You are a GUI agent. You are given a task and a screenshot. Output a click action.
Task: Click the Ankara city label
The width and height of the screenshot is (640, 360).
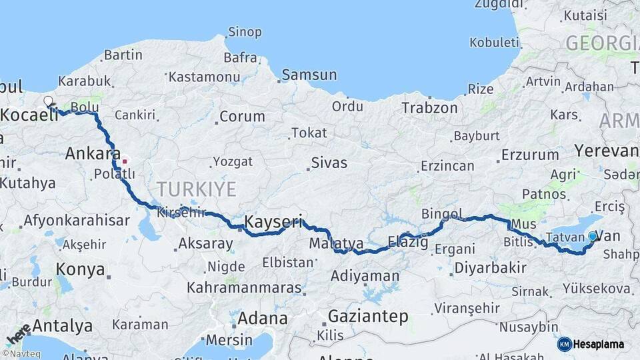point(93,154)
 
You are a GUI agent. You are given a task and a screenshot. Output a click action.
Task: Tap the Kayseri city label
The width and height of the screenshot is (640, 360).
point(274,221)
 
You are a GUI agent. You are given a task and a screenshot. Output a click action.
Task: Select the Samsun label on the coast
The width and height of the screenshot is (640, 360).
point(309,75)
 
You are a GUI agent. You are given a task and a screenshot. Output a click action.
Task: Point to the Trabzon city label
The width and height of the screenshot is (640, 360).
point(429,107)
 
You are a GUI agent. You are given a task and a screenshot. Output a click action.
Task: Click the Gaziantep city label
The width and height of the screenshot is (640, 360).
point(368,317)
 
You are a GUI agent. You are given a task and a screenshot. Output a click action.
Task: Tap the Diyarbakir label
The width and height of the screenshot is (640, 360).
point(490,268)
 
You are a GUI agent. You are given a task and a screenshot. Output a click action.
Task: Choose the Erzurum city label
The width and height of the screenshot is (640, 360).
point(530,155)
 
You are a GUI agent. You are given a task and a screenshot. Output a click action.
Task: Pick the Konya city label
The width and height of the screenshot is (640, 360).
point(80,269)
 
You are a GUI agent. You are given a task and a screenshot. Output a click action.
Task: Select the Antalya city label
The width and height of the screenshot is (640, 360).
point(62,326)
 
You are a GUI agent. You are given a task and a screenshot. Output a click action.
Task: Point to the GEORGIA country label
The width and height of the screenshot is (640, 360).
point(602,44)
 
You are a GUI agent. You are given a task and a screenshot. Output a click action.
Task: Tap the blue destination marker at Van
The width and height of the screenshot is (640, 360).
point(592,235)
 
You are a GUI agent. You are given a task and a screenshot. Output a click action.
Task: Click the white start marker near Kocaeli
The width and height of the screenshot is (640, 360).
point(48,101)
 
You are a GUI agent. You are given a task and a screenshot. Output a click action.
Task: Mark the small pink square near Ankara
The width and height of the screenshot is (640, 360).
point(124,161)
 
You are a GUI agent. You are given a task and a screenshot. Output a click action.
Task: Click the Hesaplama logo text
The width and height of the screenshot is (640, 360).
point(599,344)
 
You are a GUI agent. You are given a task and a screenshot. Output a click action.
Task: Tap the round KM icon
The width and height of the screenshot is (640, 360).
point(565,344)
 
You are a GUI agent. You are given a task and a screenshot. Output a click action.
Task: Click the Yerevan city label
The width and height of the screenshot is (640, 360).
point(607,151)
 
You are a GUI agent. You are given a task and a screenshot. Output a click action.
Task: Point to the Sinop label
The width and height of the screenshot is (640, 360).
point(245,32)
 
